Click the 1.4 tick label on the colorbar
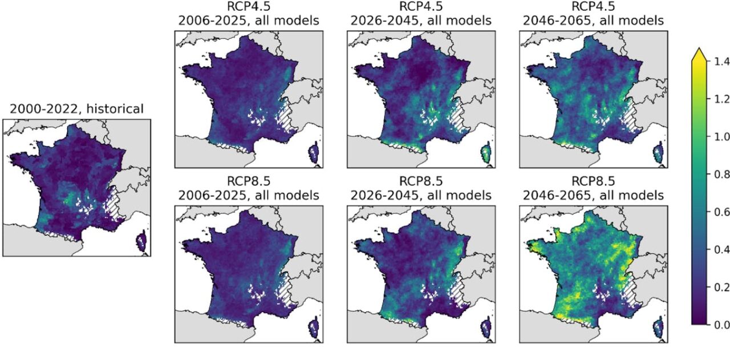click(x=721, y=61)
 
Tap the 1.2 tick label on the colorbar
click(x=721, y=99)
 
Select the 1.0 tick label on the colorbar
click(x=721, y=136)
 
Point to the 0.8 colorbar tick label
click(x=721, y=174)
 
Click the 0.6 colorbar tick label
click(x=721, y=212)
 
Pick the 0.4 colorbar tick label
click(x=721, y=249)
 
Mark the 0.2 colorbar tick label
click(x=721, y=288)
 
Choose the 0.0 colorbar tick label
click(x=721, y=325)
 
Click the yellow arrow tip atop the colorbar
click(x=699, y=48)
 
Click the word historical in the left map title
click(x=115, y=109)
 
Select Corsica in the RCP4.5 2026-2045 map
click(x=486, y=154)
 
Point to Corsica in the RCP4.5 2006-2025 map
click(x=314, y=154)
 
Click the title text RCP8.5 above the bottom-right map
click(x=593, y=181)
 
